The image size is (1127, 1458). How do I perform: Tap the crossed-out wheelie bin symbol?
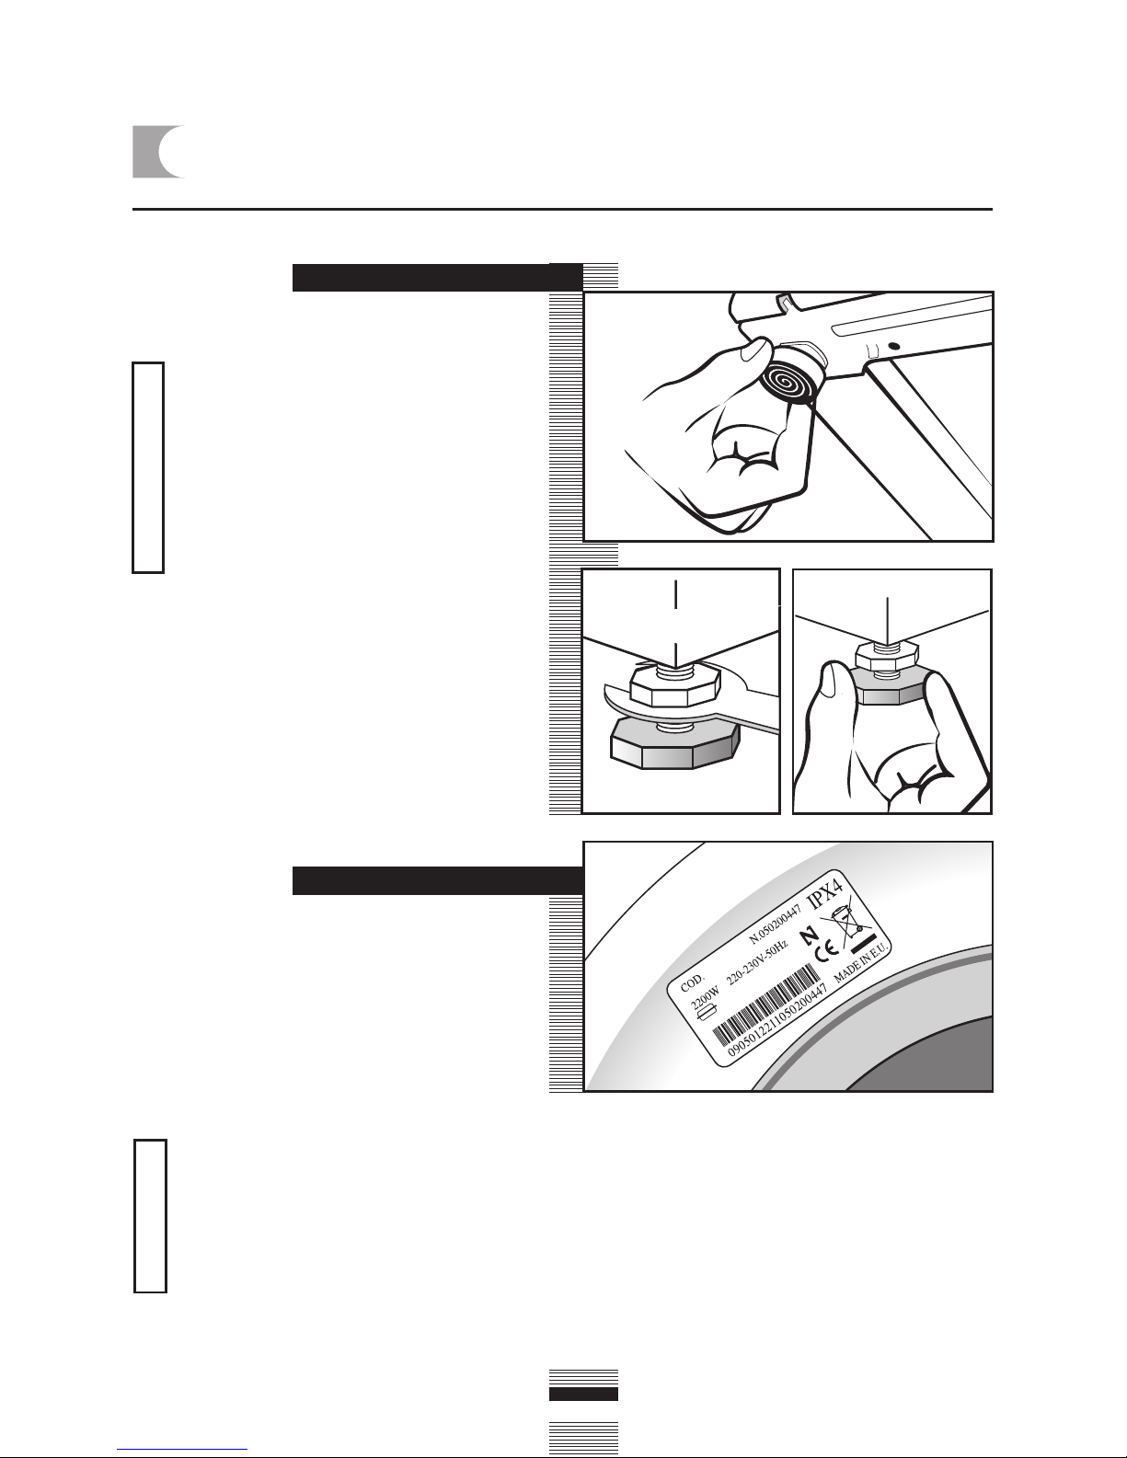[x=846, y=922]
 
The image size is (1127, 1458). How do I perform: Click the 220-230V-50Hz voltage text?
[x=757, y=963]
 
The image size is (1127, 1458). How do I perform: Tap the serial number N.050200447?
[x=775, y=922]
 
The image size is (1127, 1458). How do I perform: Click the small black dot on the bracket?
[x=893, y=347]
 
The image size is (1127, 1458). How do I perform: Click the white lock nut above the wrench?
[x=675, y=685]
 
